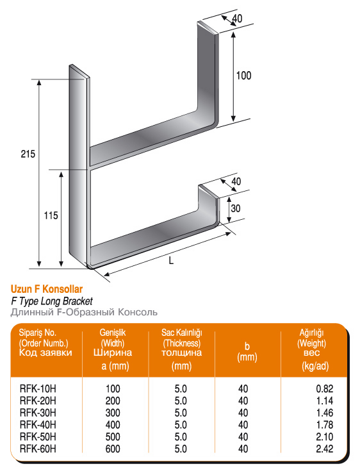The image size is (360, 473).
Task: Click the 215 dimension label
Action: click(x=28, y=154)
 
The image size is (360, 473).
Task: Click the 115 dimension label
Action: click(x=51, y=216)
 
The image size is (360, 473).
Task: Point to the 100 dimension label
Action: click(x=243, y=76)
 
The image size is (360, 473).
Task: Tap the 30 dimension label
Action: click(x=236, y=208)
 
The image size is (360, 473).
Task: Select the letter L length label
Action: click(x=171, y=260)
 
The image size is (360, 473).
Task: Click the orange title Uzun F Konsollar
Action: click(x=47, y=289)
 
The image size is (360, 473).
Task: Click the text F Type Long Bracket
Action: click(x=52, y=301)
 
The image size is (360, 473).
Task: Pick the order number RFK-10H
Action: click(x=38, y=388)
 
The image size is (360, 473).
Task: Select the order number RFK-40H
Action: click(x=38, y=425)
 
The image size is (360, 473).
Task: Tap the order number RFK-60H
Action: click(x=38, y=449)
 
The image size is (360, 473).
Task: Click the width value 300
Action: click(x=113, y=413)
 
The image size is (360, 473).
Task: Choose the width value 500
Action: click(x=113, y=437)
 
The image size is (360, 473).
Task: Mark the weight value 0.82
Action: click(x=325, y=388)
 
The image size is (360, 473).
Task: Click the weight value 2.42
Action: click(x=325, y=449)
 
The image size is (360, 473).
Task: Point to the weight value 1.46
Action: click(x=325, y=413)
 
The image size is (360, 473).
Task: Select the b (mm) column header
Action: click(x=247, y=352)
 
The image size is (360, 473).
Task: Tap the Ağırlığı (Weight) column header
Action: click(x=312, y=338)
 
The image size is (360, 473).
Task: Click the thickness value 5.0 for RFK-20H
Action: click(x=181, y=401)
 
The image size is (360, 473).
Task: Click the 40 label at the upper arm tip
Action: click(x=237, y=19)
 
